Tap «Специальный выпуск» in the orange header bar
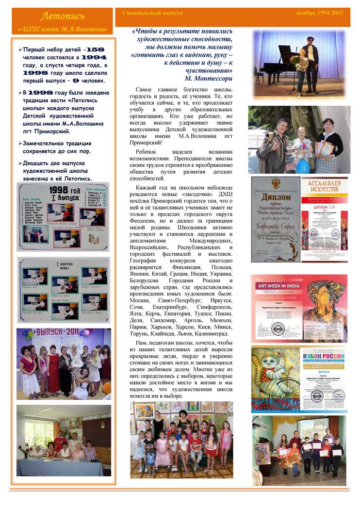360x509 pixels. point(146,13)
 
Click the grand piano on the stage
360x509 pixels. point(276,63)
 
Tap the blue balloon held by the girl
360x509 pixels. point(303,165)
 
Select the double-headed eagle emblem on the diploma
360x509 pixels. point(276,184)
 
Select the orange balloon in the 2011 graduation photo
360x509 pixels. point(106,387)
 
